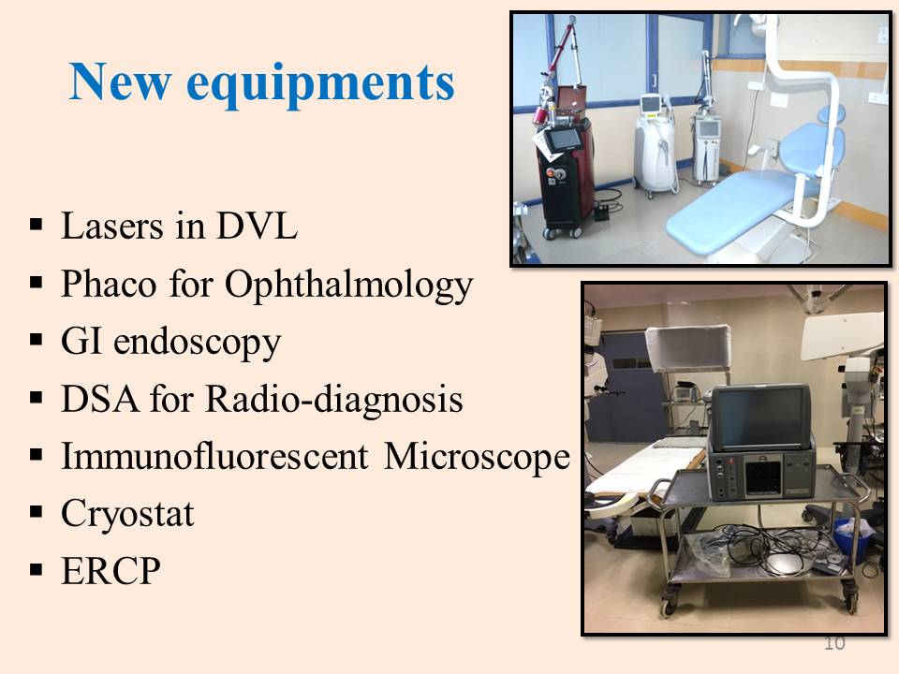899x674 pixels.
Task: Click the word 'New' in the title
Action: [120, 81]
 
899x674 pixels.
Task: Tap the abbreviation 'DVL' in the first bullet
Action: [257, 226]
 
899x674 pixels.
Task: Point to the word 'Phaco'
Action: [109, 283]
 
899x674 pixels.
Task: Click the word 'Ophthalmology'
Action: [348, 286]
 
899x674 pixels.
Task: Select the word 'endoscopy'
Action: [198, 344]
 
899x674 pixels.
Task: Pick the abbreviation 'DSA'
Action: [100, 399]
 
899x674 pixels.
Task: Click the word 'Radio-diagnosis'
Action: [333, 400]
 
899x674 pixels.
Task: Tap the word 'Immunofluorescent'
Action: [214, 456]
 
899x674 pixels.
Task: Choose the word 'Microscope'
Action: [477, 458]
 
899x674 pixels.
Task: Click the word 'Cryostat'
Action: [127, 514]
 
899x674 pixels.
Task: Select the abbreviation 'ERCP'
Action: [111, 571]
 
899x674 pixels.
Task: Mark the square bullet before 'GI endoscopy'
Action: [37, 340]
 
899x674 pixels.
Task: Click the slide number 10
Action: [834, 643]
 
